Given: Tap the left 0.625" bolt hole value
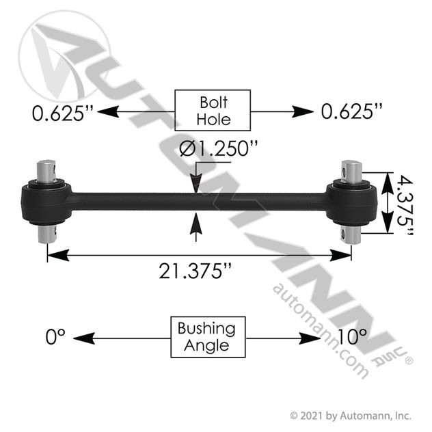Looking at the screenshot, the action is click(x=62, y=113).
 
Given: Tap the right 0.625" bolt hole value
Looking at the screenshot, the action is click(x=351, y=111).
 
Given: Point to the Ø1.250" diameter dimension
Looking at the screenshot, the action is click(x=218, y=149).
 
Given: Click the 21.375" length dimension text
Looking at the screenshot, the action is click(x=195, y=271).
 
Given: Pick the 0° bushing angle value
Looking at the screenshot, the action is click(x=55, y=337).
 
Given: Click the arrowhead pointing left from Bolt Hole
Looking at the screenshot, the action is click(x=108, y=112).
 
